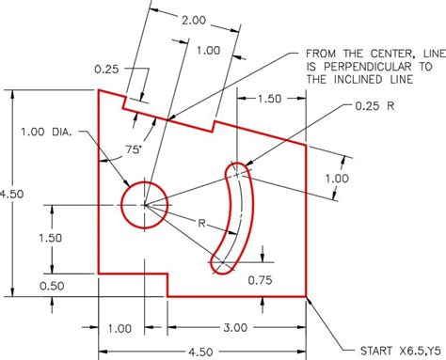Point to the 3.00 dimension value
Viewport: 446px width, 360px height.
pos(235,327)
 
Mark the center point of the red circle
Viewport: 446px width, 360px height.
pos(144,204)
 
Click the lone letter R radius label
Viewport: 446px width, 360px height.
pos(202,223)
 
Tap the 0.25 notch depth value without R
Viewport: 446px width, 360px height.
pos(108,68)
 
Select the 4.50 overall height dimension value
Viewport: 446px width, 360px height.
pos(11,193)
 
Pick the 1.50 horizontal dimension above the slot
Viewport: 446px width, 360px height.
pos(269,98)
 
